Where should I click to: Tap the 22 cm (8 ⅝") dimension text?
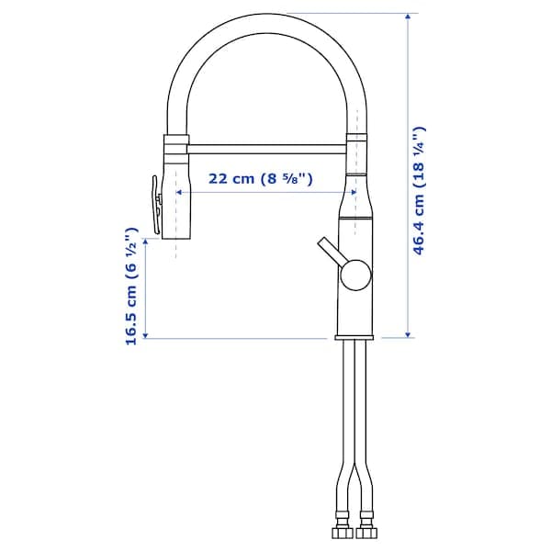point(260,179)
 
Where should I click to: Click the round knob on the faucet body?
point(355,273)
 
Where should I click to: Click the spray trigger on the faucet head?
point(154,202)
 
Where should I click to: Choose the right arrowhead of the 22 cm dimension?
point(351,192)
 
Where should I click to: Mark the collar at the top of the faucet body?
point(357,138)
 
